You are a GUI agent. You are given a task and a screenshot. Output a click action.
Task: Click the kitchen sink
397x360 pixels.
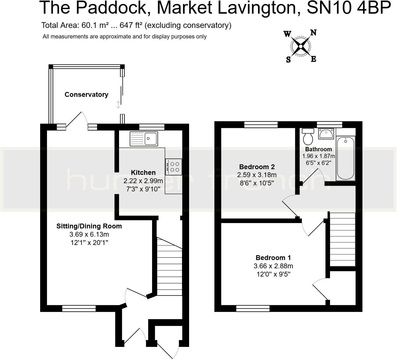144,139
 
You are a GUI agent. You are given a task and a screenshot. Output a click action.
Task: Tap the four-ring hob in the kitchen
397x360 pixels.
173,167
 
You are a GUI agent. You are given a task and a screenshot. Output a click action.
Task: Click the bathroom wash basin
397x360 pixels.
326,134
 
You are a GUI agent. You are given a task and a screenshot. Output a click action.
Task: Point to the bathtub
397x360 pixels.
346,158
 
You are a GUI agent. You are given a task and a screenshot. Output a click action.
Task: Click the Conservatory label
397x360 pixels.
86,95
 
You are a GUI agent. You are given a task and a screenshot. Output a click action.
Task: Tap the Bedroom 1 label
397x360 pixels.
273,258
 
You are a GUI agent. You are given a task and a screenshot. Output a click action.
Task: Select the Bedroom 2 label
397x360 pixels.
257,167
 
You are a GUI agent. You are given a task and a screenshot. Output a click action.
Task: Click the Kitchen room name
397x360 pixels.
143,172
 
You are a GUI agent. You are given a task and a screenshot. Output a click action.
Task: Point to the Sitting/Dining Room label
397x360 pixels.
89,226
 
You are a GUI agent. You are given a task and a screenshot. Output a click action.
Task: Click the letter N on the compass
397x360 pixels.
313,32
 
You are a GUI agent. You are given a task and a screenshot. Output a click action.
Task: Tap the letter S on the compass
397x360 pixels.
288,60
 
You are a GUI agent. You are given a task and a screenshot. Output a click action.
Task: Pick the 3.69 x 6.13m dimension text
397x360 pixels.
89,234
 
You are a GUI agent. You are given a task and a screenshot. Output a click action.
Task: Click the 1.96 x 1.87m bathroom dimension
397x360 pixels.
318,156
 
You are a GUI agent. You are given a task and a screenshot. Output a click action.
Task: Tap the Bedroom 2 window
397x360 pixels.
261,124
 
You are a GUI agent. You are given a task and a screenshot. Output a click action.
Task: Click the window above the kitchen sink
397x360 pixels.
152,127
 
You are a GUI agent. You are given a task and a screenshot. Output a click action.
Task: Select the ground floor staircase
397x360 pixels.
169,266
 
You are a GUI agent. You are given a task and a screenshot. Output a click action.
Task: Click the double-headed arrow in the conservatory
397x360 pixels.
118,105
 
